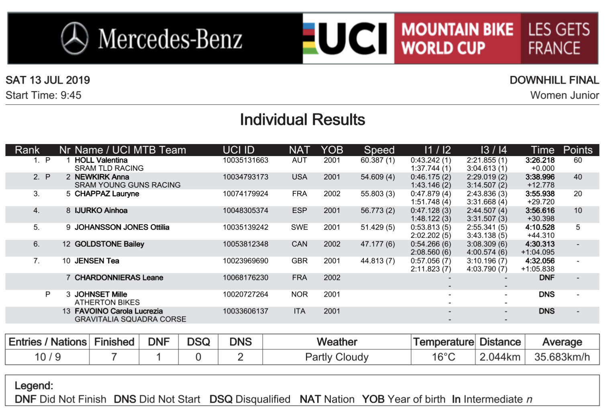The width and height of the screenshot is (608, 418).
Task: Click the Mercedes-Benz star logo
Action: pyautogui.click(x=75, y=39)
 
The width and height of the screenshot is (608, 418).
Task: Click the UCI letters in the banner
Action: pyautogui.click(x=353, y=39)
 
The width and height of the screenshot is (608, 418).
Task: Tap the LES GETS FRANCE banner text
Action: pyautogui.click(x=559, y=39)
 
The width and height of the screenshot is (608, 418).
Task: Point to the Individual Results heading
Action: pyautogui.click(x=302, y=120)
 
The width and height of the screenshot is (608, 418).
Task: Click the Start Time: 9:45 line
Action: pyautogui.click(x=43, y=95)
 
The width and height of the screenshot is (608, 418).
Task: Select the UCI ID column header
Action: pyautogui.click(x=239, y=150)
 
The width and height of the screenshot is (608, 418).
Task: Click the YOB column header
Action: pyautogui.click(x=332, y=150)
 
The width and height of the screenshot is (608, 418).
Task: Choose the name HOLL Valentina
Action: pyautogui.click(x=101, y=160)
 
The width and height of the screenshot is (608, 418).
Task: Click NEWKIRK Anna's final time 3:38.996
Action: pyautogui.click(x=540, y=177)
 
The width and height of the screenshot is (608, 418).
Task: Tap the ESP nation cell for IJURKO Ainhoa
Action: pyautogui.click(x=300, y=211)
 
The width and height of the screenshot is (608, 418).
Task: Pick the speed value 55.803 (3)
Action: pyautogui.click(x=377, y=194)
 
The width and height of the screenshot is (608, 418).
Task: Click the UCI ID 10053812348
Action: pyautogui.click(x=245, y=244)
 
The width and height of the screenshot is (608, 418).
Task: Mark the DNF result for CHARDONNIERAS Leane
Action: pyautogui.click(x=547, y=278)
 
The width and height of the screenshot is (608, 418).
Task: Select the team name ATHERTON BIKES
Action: pyautogui.click(x=107, y=302)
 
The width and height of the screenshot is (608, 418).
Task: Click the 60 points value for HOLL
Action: pyautogui.click(x=577, y=160)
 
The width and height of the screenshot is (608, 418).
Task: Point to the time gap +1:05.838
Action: pyautogui.click(x=537, y=269)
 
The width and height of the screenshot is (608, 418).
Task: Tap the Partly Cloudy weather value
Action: pyautogui.click(x=337, y=357)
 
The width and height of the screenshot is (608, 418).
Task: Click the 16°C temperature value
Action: pyautogui.click(x=443, y=357)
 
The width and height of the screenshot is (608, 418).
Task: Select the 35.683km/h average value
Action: pyautogui.click(x=562, y=357)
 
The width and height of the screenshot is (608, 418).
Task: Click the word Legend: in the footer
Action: pyautogui.click(x=34, y=386)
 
